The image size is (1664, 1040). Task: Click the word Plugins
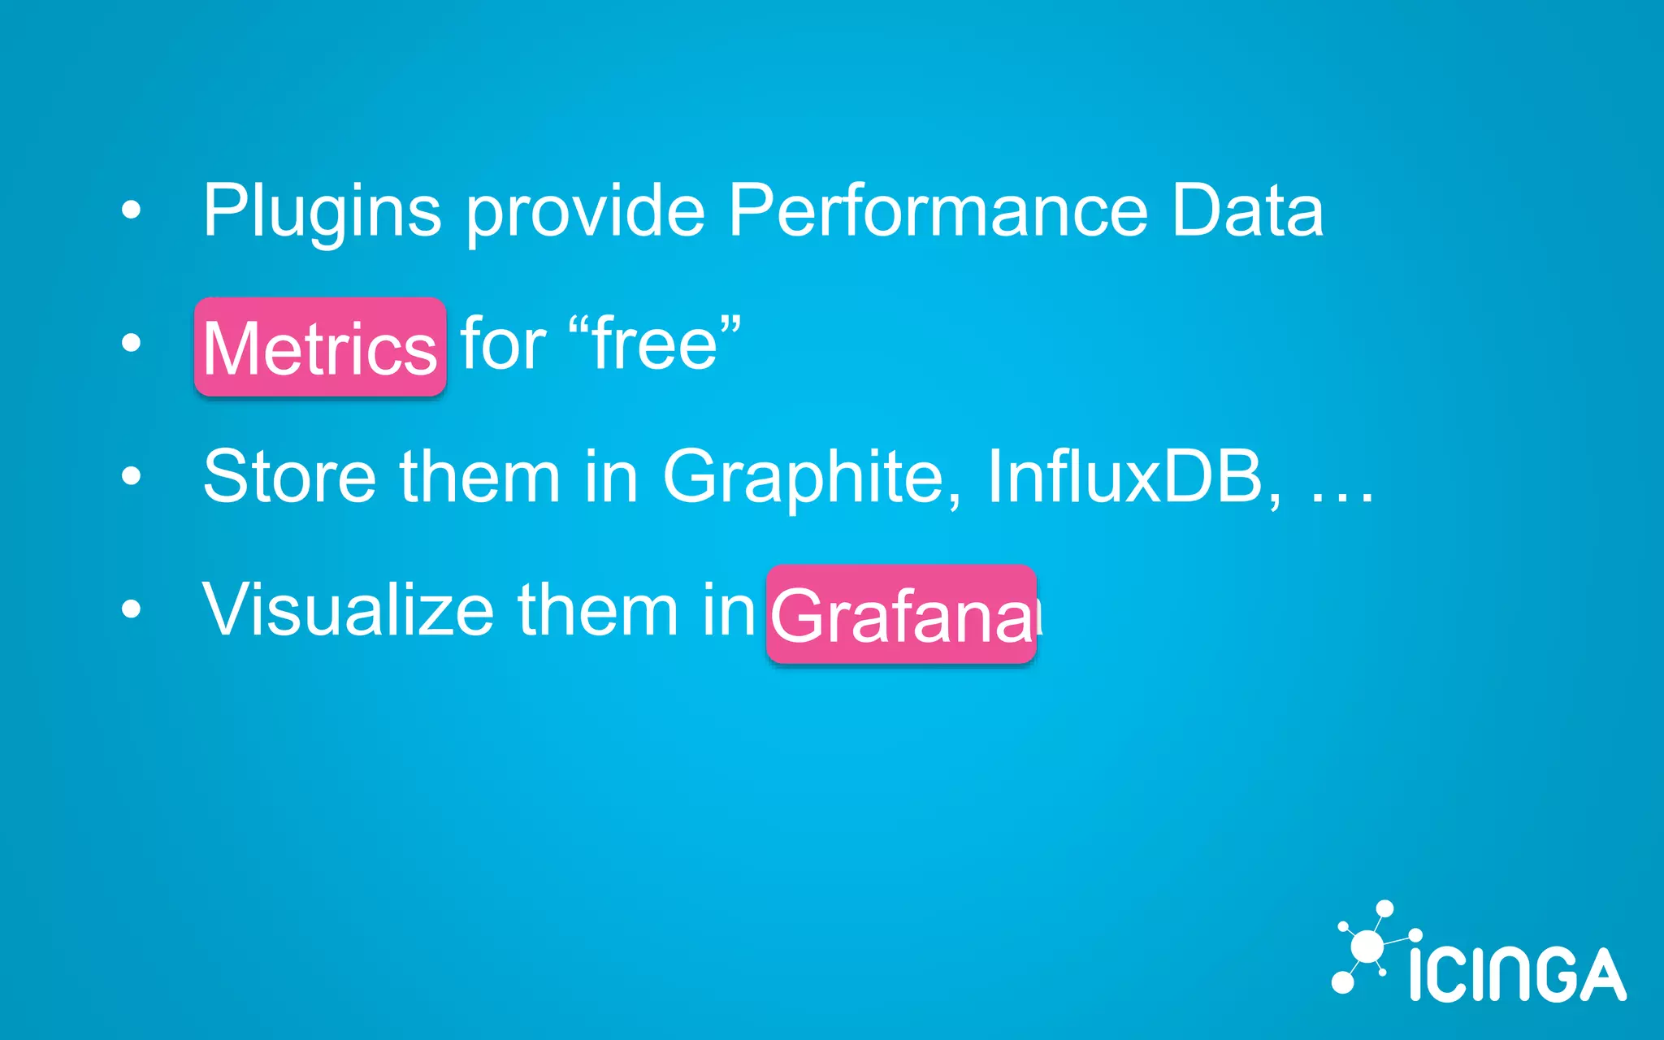(322, 211)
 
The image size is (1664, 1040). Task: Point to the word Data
(1247, 211)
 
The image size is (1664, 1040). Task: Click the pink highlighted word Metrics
(320, 348)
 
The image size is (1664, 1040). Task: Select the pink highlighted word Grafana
(902, 615)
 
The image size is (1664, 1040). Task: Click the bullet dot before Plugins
(131, 210)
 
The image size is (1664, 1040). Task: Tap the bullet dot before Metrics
(131, 343)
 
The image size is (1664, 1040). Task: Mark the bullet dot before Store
(131, 475)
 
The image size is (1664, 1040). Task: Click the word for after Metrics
(503, 344)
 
